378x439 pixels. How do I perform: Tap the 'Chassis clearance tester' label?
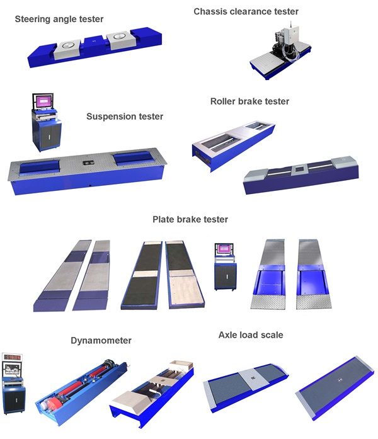246,11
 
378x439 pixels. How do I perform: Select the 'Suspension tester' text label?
125,117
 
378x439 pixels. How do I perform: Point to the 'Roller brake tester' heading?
249,101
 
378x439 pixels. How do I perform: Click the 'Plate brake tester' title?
190,219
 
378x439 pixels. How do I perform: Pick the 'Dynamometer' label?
101,340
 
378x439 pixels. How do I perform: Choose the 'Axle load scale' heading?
250,335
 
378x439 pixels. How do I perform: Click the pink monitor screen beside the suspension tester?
44,101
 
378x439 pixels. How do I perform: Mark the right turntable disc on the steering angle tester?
118,40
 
